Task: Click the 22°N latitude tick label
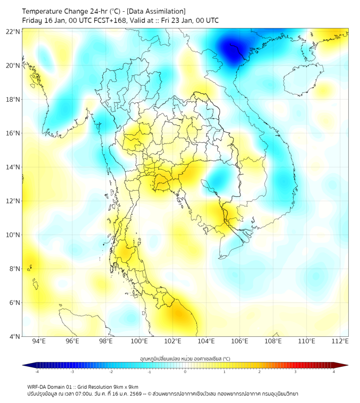pyautogui.click(x=13, y=32)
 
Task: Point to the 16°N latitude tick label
pyautogui.click(x=13, y=133)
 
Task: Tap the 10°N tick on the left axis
pyautogui.click(x=13, y=235)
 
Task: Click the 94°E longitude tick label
pyautogui.click(x=39, y=341)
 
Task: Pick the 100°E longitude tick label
pyautogui.click(x=139, y=341)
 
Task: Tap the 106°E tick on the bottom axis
pyautogui.click(x=240, y=341)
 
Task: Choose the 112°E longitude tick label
pyautogui.click(x=340, y=341)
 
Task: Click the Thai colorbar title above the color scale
pyautogui.click(x=185, y=359)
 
